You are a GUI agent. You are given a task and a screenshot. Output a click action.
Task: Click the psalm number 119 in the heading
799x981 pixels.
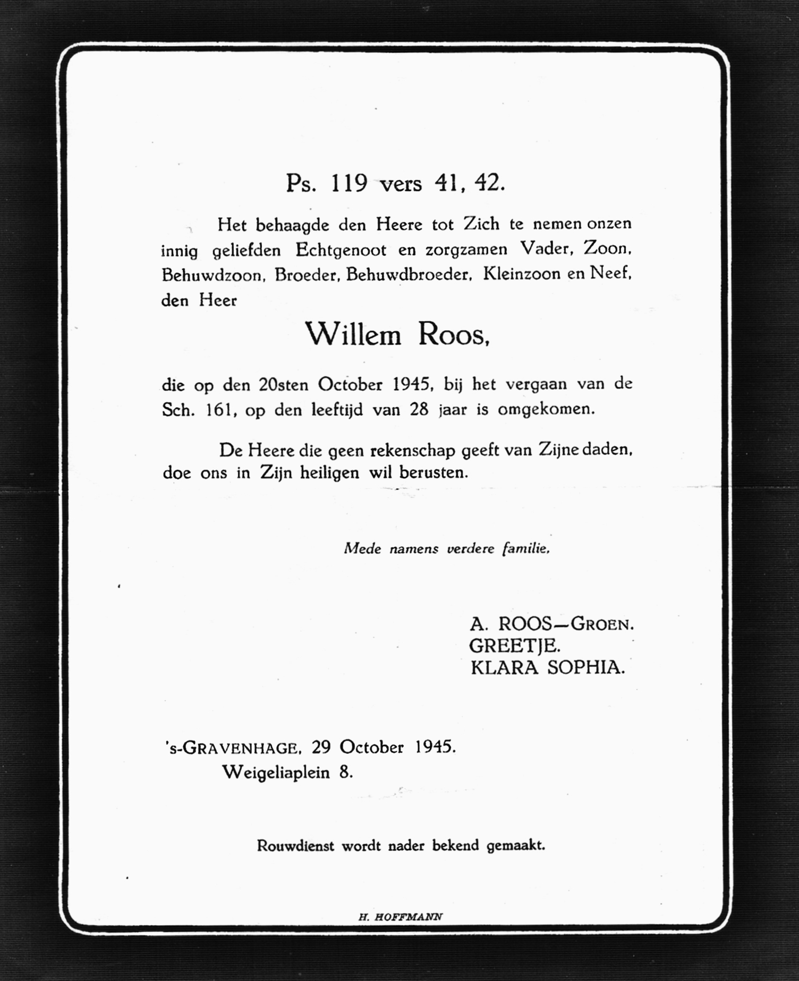click(349, 184)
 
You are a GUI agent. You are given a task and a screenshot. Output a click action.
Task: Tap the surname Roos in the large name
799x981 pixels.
click(453, 335)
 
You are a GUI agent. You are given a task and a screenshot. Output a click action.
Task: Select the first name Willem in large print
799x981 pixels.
click(353, 335)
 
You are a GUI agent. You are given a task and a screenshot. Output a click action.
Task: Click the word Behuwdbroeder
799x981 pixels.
click(409, 275)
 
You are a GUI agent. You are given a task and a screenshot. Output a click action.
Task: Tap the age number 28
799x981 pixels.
click(419, 410)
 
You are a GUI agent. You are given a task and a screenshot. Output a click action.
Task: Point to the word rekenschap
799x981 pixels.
click(412, 451)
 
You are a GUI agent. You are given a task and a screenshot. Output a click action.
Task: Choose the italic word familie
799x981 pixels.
click(525, 548)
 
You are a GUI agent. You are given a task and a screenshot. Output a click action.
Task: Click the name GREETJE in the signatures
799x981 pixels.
click(514, 646)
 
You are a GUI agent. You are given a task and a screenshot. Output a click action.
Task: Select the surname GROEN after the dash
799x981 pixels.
click(602, 624)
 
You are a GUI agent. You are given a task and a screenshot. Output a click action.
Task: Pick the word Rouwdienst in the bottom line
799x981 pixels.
click(295, 846)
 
